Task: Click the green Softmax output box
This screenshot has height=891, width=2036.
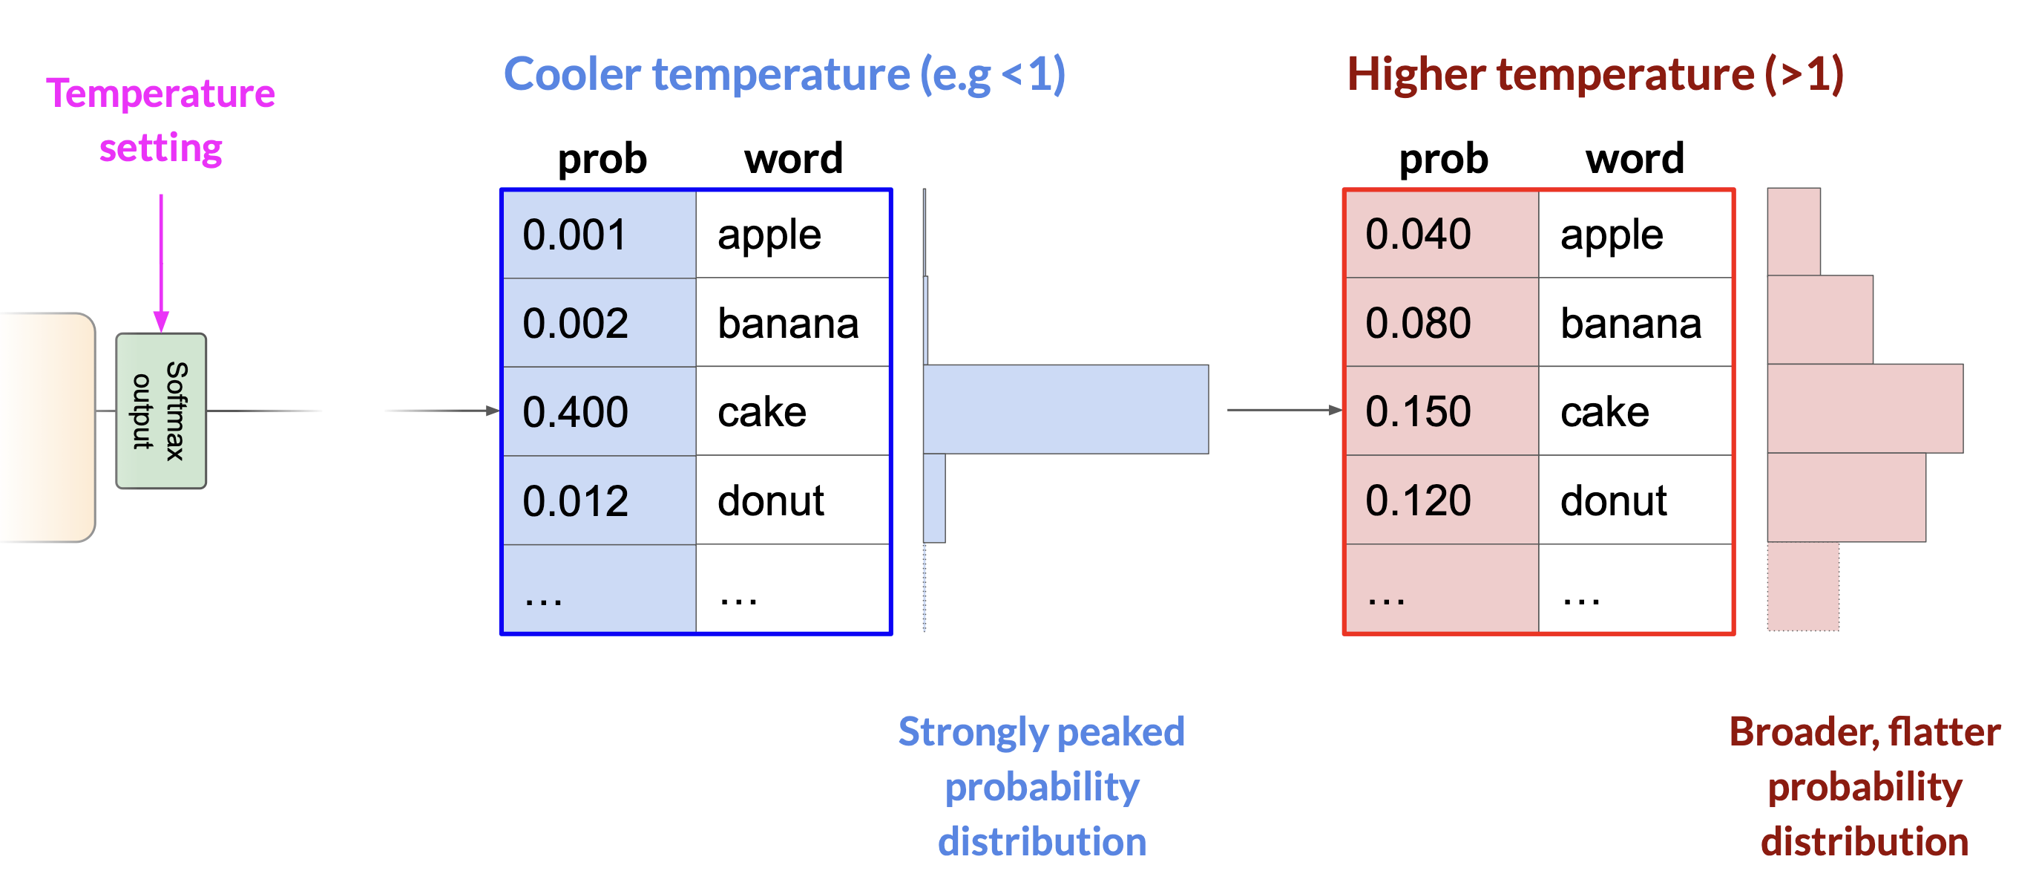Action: coord(161,411)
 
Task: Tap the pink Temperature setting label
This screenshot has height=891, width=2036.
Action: coord(160,120)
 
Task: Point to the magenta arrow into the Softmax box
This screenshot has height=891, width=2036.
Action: coord(161,263)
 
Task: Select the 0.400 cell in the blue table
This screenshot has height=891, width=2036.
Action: coord(599,411)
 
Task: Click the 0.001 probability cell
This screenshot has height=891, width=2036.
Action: coord(599,234)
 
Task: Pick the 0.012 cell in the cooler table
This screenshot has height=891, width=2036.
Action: coord(599,500)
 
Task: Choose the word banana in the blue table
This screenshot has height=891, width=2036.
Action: coord(788,323)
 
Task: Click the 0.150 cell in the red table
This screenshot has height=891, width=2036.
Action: coord(1442,411)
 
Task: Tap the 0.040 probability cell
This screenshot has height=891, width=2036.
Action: coord(1442,234)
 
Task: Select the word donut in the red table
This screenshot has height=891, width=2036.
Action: coord(1613,500)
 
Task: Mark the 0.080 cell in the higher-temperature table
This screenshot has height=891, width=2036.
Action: coord(1442,322)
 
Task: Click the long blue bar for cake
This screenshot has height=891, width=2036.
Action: coord(1065,408)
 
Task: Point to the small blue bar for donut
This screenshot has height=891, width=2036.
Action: coord(934,498)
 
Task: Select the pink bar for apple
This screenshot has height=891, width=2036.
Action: coord(1793,232)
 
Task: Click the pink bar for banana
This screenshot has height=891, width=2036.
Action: coord(1819,319)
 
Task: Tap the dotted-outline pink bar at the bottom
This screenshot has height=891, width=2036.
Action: coord(1803,586)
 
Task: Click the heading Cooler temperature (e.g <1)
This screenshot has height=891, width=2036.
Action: coord(784,75)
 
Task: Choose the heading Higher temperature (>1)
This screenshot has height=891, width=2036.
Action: coord(1595,75)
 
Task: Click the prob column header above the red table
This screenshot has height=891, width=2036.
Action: coord(1443,160)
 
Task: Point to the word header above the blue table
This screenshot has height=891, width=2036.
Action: coord(793,158)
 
